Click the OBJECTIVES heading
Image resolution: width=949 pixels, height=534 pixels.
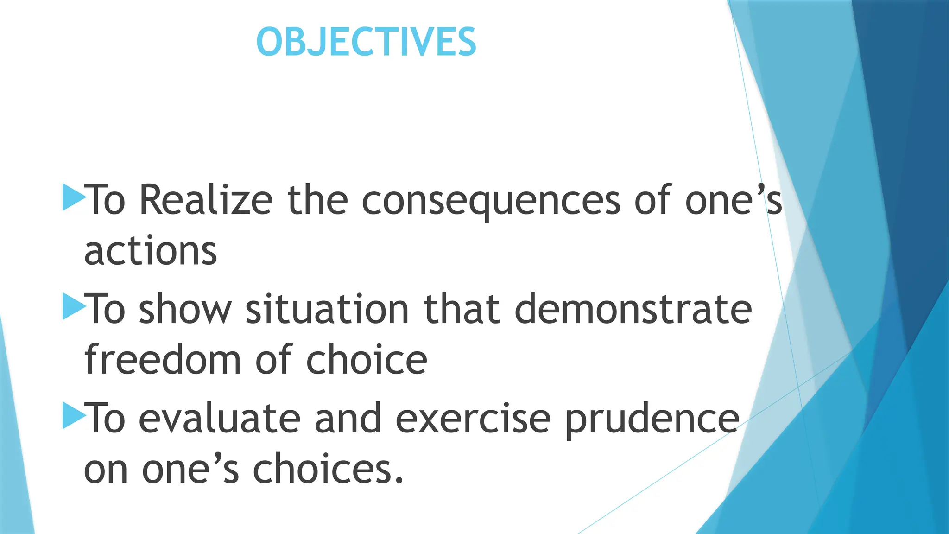click(x=366, y=42)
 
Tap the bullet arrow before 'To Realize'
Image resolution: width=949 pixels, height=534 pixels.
click(x=74, y=197)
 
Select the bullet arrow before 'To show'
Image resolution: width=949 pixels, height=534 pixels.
click(x=74, y=306)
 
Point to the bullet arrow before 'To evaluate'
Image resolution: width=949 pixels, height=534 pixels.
click(x=74, y=415)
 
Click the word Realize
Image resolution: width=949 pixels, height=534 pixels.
click(x=206, y=200)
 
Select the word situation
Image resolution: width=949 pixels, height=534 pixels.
click(x=327, y=309)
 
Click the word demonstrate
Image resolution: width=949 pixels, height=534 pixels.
click(x=633, y=309)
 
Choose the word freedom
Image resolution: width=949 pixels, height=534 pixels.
click(x=163, y=360)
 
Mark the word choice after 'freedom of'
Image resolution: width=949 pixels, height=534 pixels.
click(x=366, y=360)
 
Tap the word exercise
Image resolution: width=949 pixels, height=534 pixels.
click(x=473, y=419)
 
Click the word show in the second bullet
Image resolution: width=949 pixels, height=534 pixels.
click(x=185, y=309)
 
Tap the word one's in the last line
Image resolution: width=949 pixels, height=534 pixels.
click(x=190, y=469)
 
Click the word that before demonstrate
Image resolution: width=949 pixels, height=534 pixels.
click(x=462, y=309)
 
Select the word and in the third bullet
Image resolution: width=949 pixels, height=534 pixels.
click(x=348, y=419)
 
